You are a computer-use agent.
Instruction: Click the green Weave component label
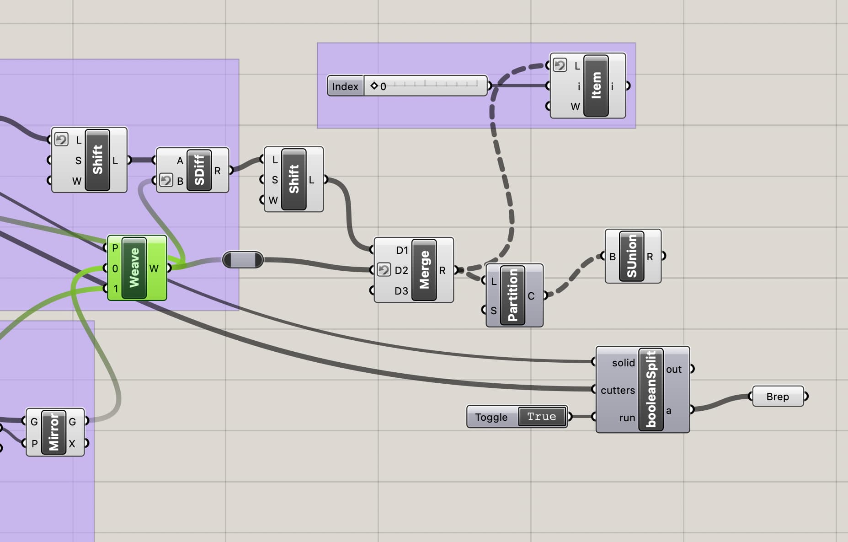tap(134, 268)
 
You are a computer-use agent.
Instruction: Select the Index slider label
tap(345, 86)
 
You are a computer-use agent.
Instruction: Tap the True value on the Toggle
tap(541, 417)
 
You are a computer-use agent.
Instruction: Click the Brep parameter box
tap(778, 397)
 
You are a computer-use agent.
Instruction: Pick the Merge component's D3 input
tap(401, 291)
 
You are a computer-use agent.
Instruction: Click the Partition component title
tap(512, 295)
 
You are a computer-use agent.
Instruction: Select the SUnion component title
tap(631, 256)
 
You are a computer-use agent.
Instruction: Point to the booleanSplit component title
tap(651, 389)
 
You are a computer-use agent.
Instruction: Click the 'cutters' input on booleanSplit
tap(618, 390)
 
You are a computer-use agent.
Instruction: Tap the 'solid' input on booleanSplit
tap(623, 363)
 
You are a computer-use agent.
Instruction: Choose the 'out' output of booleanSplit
tap(674, 369)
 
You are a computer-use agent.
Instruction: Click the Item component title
tap(596, 86)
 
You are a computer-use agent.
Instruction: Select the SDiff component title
tap(199, 170)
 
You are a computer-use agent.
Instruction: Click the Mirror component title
tap(53, 432)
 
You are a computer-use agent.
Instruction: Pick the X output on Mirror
tap(72, 444)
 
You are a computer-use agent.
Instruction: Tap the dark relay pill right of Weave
tap(243, 260)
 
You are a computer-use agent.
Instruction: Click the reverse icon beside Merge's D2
tap(384, 270)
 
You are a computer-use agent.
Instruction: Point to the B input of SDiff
tap(180, 181)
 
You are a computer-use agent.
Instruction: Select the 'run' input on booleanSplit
tap(627, 418)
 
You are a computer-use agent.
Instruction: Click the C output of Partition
tap(531, 296)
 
